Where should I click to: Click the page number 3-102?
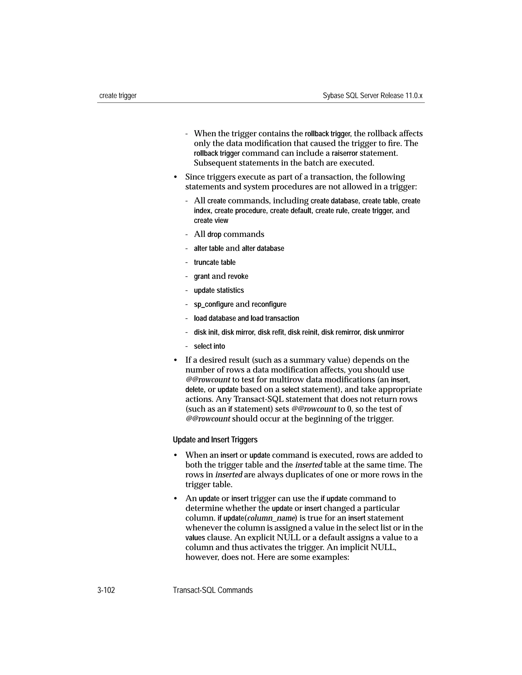coord(106,590)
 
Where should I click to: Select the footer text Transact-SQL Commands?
coord(213,590)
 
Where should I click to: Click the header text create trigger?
coord(118,96)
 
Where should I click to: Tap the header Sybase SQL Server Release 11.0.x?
coord(372,96)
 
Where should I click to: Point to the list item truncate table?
coord(215,262)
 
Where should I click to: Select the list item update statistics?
coord(219,291)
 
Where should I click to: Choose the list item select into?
coord(209,346)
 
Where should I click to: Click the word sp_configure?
coord(213,304)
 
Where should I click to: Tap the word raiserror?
coord(345,153)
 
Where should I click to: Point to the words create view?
coord(211,221)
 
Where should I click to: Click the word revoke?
coord(238,276)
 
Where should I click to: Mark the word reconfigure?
coord(269,304)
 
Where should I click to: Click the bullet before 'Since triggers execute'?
coord(175,177)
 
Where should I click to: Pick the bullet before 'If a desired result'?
coord(175,360)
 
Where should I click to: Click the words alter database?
coord(263,249)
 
